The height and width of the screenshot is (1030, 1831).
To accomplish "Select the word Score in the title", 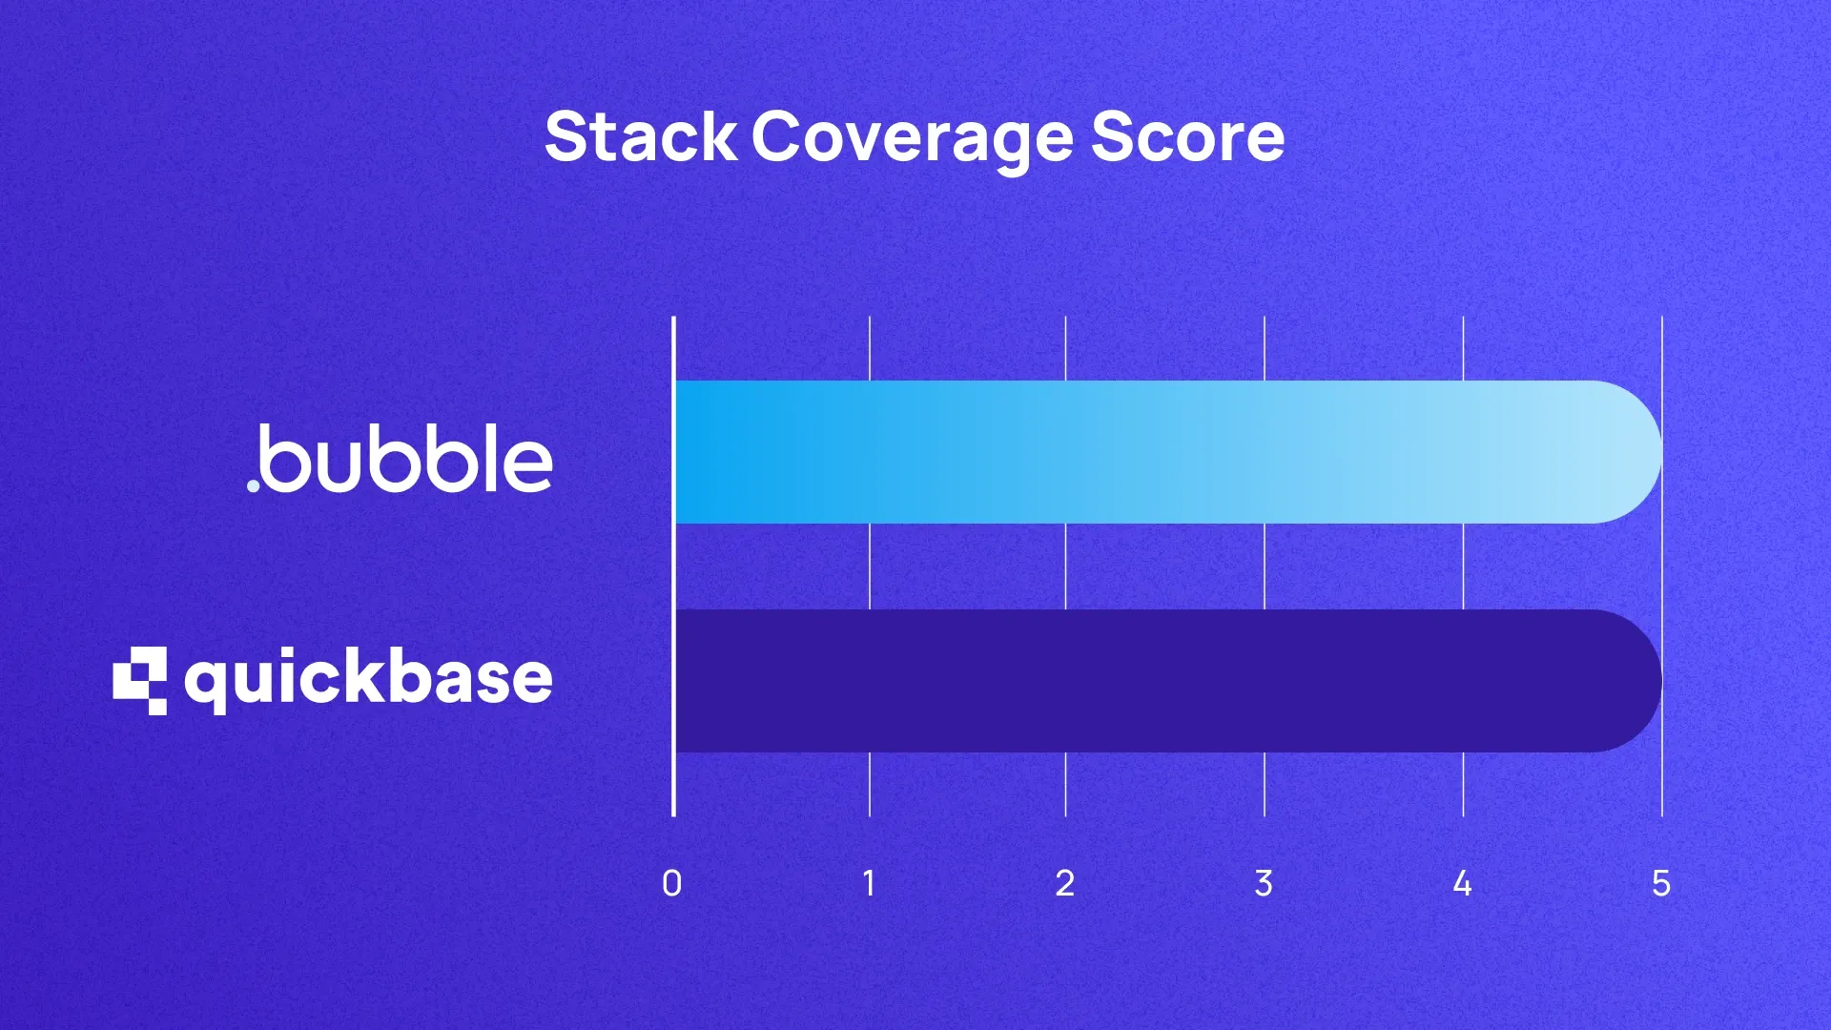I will [x=1188, y=136].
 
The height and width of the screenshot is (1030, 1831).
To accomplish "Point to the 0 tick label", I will [x=671, y=883].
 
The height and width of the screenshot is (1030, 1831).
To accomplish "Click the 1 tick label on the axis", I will [x=869, y=883].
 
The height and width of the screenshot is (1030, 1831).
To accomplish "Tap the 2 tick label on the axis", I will [x=1065, y=883].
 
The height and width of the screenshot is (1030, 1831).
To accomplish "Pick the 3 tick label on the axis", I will [x=1264, y=883].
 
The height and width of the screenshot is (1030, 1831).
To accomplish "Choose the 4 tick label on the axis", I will [x=1462, y=883].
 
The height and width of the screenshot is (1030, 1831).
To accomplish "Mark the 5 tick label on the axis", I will [x=1661, y=883].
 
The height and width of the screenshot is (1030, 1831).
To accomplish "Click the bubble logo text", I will [x=405, y=460].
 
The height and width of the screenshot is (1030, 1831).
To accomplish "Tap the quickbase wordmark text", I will [x=369, y=679].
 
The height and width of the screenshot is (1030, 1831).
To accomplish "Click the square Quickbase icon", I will [x=140, y=680].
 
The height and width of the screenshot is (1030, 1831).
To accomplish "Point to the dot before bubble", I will [x=254, y=485].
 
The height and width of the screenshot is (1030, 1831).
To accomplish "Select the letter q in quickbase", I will [x=205, y=684].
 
